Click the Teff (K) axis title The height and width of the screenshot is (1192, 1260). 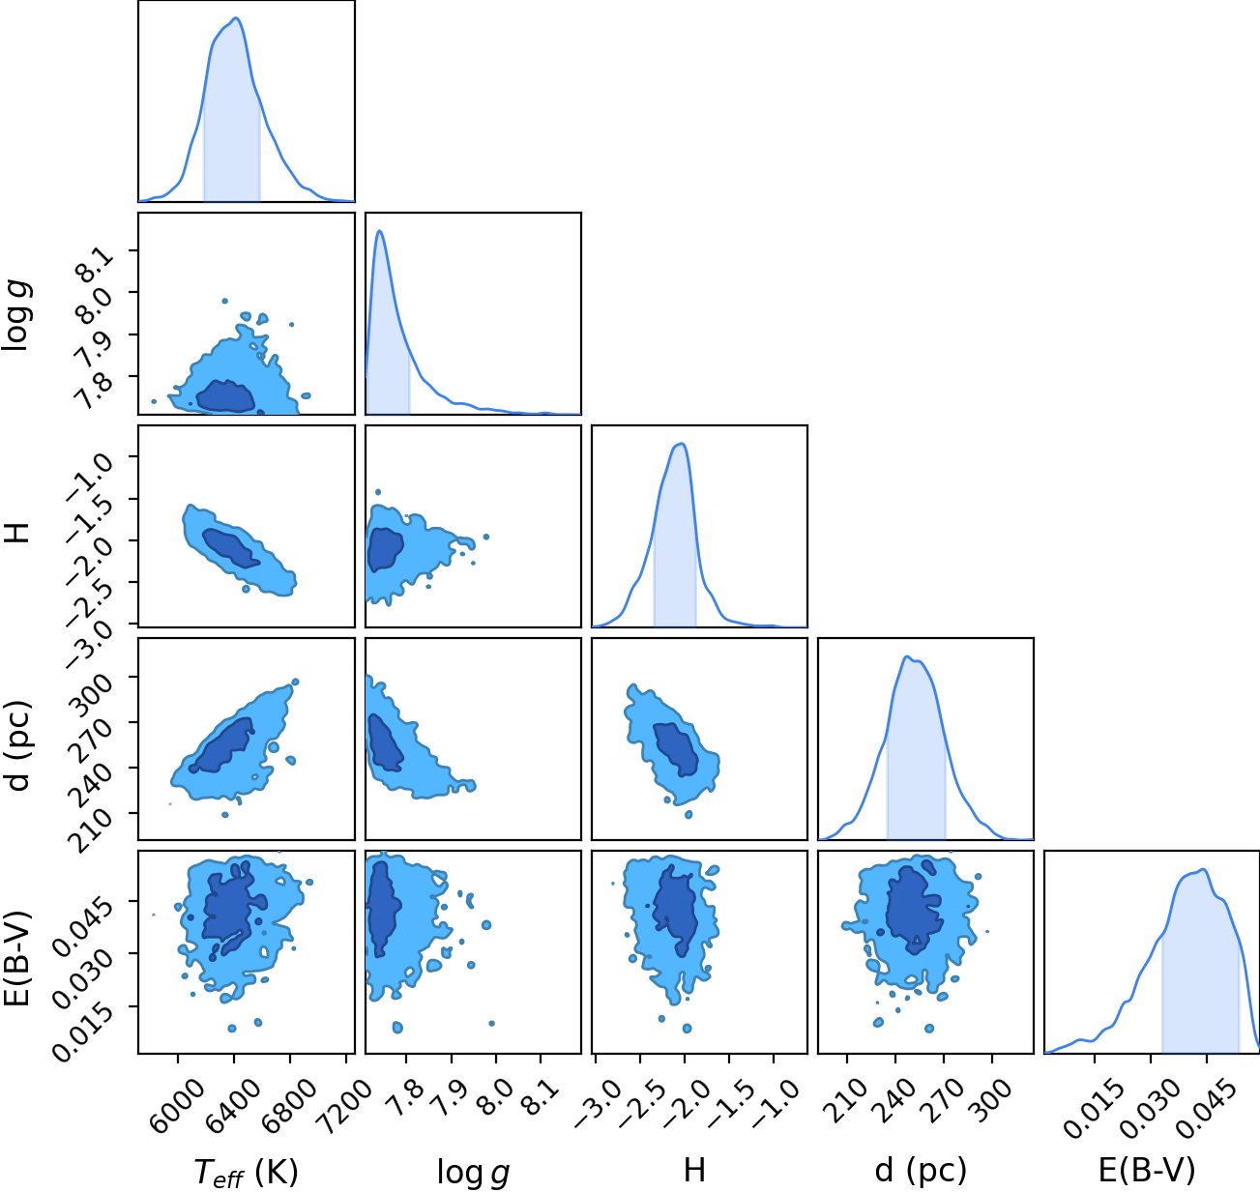tap(247, 1172)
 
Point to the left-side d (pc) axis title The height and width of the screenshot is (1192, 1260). tap(18, 745)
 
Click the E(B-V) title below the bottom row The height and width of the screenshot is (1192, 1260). tap(1147, 1170)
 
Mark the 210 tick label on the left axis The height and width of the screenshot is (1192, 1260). tap(90, 830)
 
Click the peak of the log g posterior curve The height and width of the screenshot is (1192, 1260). tap(380, 231)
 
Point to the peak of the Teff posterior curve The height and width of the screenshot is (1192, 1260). tap(237, 18)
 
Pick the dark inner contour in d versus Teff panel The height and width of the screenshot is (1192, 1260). tap(221, 745)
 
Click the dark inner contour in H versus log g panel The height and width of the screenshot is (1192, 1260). tap(385, 550)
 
